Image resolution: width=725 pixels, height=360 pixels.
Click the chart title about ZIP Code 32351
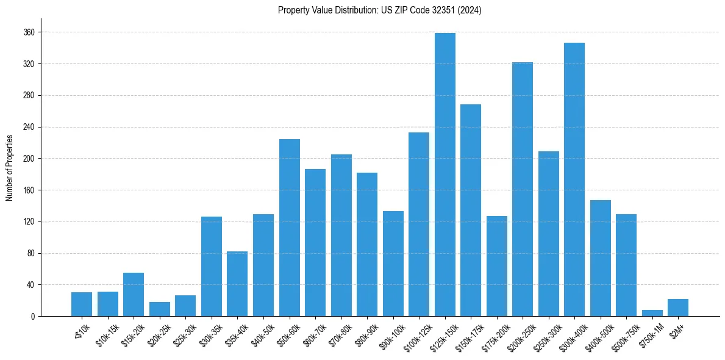pyautogui.click(x=379, y=10)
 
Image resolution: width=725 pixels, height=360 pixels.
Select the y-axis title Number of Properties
pyautogui.click(x=9, y=168)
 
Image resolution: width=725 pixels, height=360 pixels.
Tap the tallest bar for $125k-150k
pyautogui.click(x=445, y=175)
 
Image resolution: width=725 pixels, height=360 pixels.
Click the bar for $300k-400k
pyautogui.click(x=574, y=179)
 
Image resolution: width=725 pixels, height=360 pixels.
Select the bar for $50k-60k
pyautogui.click(x=289, y=228)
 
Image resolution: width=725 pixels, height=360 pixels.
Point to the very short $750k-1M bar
pyautogui.click(x=652, y=313)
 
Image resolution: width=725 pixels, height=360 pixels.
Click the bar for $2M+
pyautogui.click(x=678, y=308)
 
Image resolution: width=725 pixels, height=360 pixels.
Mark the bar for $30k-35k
pyautogui.click(x=212, y=267)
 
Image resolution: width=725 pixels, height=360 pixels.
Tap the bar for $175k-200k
pyautogui.click(x=496, y=266)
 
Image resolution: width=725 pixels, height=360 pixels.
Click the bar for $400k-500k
pyautogui.click(x=600, y=258)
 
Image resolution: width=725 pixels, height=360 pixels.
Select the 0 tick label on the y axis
pyautogui.click(x=34, y=317)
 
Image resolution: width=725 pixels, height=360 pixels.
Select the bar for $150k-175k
pyautogui.click(x=471, y=211)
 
